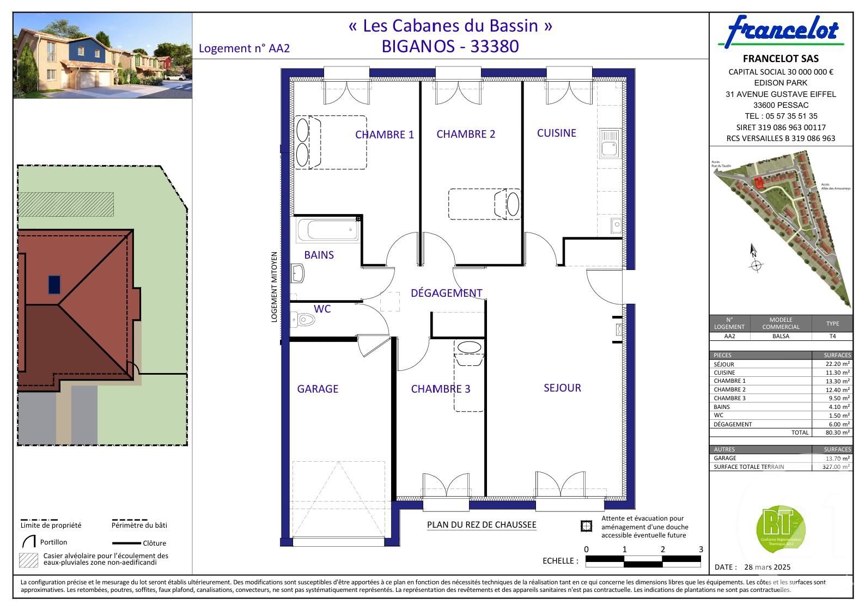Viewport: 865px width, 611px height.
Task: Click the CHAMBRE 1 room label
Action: coord(384,135)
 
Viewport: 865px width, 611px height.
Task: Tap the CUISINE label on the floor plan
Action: coord(556,133)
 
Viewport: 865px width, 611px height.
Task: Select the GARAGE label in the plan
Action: coord(318,389)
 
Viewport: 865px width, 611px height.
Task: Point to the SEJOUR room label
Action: coord(562,388)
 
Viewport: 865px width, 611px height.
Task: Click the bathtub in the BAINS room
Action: coord(327,230)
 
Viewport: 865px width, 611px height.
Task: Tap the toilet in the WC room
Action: coord(304,319)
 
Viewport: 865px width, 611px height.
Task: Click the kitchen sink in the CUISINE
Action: coord(609,143)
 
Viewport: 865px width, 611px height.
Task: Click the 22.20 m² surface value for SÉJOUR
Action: coord(837,364)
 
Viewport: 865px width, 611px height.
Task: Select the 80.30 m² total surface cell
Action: coord(837,432)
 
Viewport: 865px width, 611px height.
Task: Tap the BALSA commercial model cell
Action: coord(780,336)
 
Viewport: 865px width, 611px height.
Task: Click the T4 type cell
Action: coord(832,336)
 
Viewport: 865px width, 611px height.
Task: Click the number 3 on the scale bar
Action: coord(700,549)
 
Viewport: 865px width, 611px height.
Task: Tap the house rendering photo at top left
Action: coord(102,56)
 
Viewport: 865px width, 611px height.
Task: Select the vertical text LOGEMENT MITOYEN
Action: coord(274,286)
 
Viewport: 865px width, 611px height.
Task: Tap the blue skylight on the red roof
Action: coord(54,284)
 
